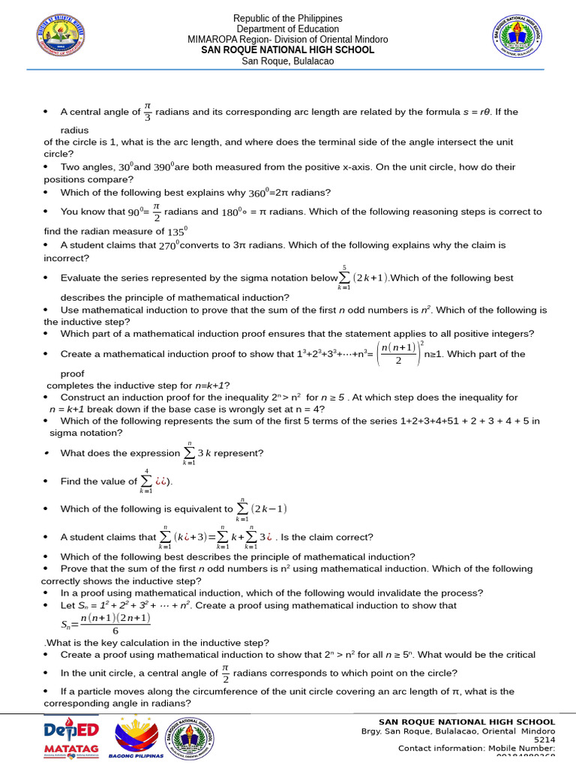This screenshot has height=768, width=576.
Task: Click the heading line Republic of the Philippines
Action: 287,18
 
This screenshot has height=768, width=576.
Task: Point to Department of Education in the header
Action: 287,28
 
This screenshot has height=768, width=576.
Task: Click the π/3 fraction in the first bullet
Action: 148,112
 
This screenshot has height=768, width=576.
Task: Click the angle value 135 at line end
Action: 175,232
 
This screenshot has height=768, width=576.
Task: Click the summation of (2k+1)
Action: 363,277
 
